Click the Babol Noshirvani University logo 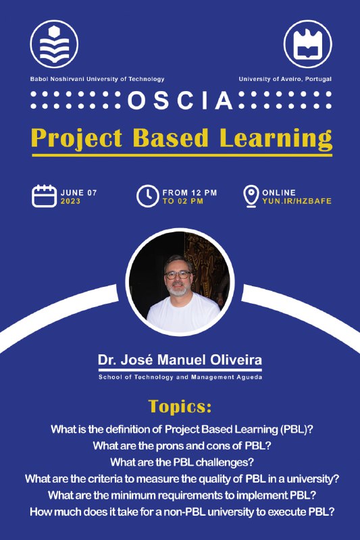tap(54, 44)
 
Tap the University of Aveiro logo tap(307, 44)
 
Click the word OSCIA tap(180, 100)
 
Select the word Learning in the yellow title tap(276, 138)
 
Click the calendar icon tap(44, 196)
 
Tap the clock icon tap(147, 196)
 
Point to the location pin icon tap(251, 196)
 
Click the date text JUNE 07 tap(79, 193)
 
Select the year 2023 tap(71, 201)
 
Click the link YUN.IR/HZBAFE tap(297, 201)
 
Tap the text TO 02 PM tap(183, 201)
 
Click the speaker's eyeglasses tap(178, 275)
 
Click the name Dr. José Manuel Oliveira tap(180, 360)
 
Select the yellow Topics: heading tap(180, 407)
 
